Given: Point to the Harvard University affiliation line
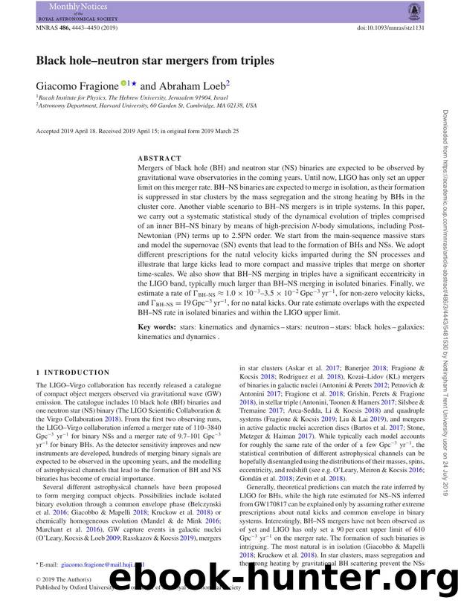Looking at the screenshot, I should click(149, 106).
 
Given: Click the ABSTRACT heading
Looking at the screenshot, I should click(159, 158).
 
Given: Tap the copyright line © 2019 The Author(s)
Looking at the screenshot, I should click(64, 580).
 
